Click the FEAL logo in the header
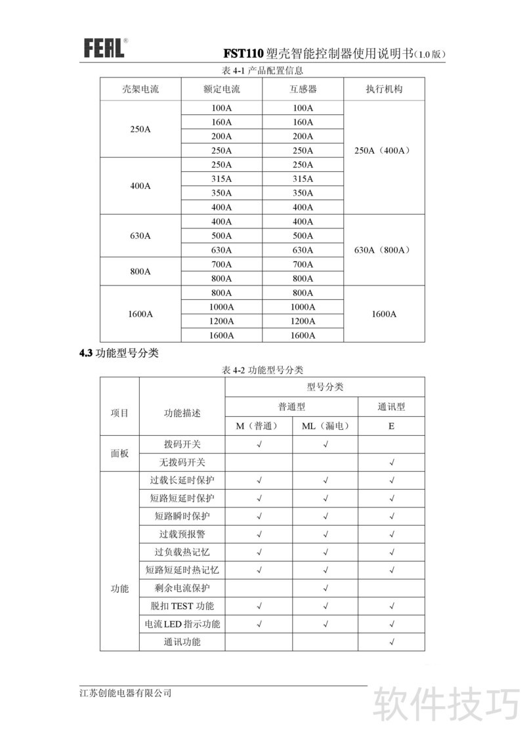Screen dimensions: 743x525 [x=103, y=48]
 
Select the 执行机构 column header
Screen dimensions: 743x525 [x=384, y=89]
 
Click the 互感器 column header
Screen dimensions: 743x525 [x=303, y=89]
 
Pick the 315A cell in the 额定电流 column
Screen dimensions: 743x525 [x=222, y=179]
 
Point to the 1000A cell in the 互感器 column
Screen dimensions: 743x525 [x=303, y=307]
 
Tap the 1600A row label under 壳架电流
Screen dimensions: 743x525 [x=140, y=314]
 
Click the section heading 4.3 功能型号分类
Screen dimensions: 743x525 [x=119, y=353]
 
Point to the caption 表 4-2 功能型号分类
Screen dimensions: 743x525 [x=262, y=370]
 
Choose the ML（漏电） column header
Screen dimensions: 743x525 [x=325, y=426]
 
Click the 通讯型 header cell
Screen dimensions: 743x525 [x=391, y=407]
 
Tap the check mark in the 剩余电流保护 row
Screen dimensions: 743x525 [x=325, y=587]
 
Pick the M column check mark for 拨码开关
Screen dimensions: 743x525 [x=259, y=444]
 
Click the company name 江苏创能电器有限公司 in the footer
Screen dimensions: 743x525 [x=125, y=693]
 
